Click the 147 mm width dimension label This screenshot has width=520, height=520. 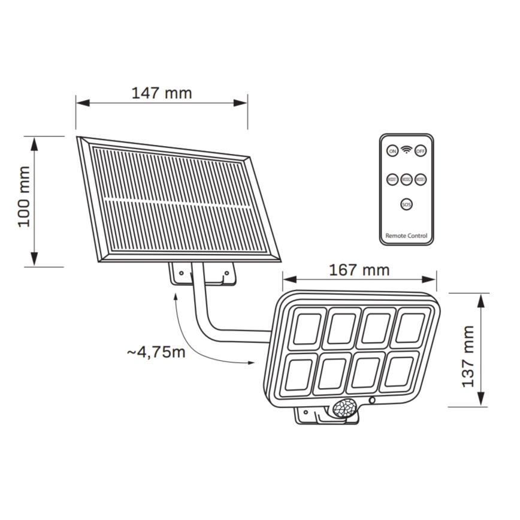pyautogui.click(x=162, y=93)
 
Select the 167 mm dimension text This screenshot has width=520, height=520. pyautogui.click(x=359, y=270)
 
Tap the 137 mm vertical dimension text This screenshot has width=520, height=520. pyautogui.click(x=468, y=356)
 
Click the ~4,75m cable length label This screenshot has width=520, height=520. pyautogui.click(x=156, y=352)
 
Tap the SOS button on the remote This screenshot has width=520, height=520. pyautogui.click(x=406, y=205)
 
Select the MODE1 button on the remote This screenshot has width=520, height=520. pyautogui.click(x=392, y=179)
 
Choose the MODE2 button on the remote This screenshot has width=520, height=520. pyautogui.click(x=406, y=179)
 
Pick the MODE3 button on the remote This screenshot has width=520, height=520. pyautogui.click(x=421, y=179)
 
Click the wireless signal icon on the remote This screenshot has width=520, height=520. pyautogui.click(x=406, y=150)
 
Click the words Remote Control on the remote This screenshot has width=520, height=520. pyautogui.click(x=406, y=236)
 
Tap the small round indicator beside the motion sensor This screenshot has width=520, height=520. pyautogui.click(x=372, y=400)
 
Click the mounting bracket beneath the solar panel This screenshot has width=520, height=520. pyautogui.click(x=202, y=273)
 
